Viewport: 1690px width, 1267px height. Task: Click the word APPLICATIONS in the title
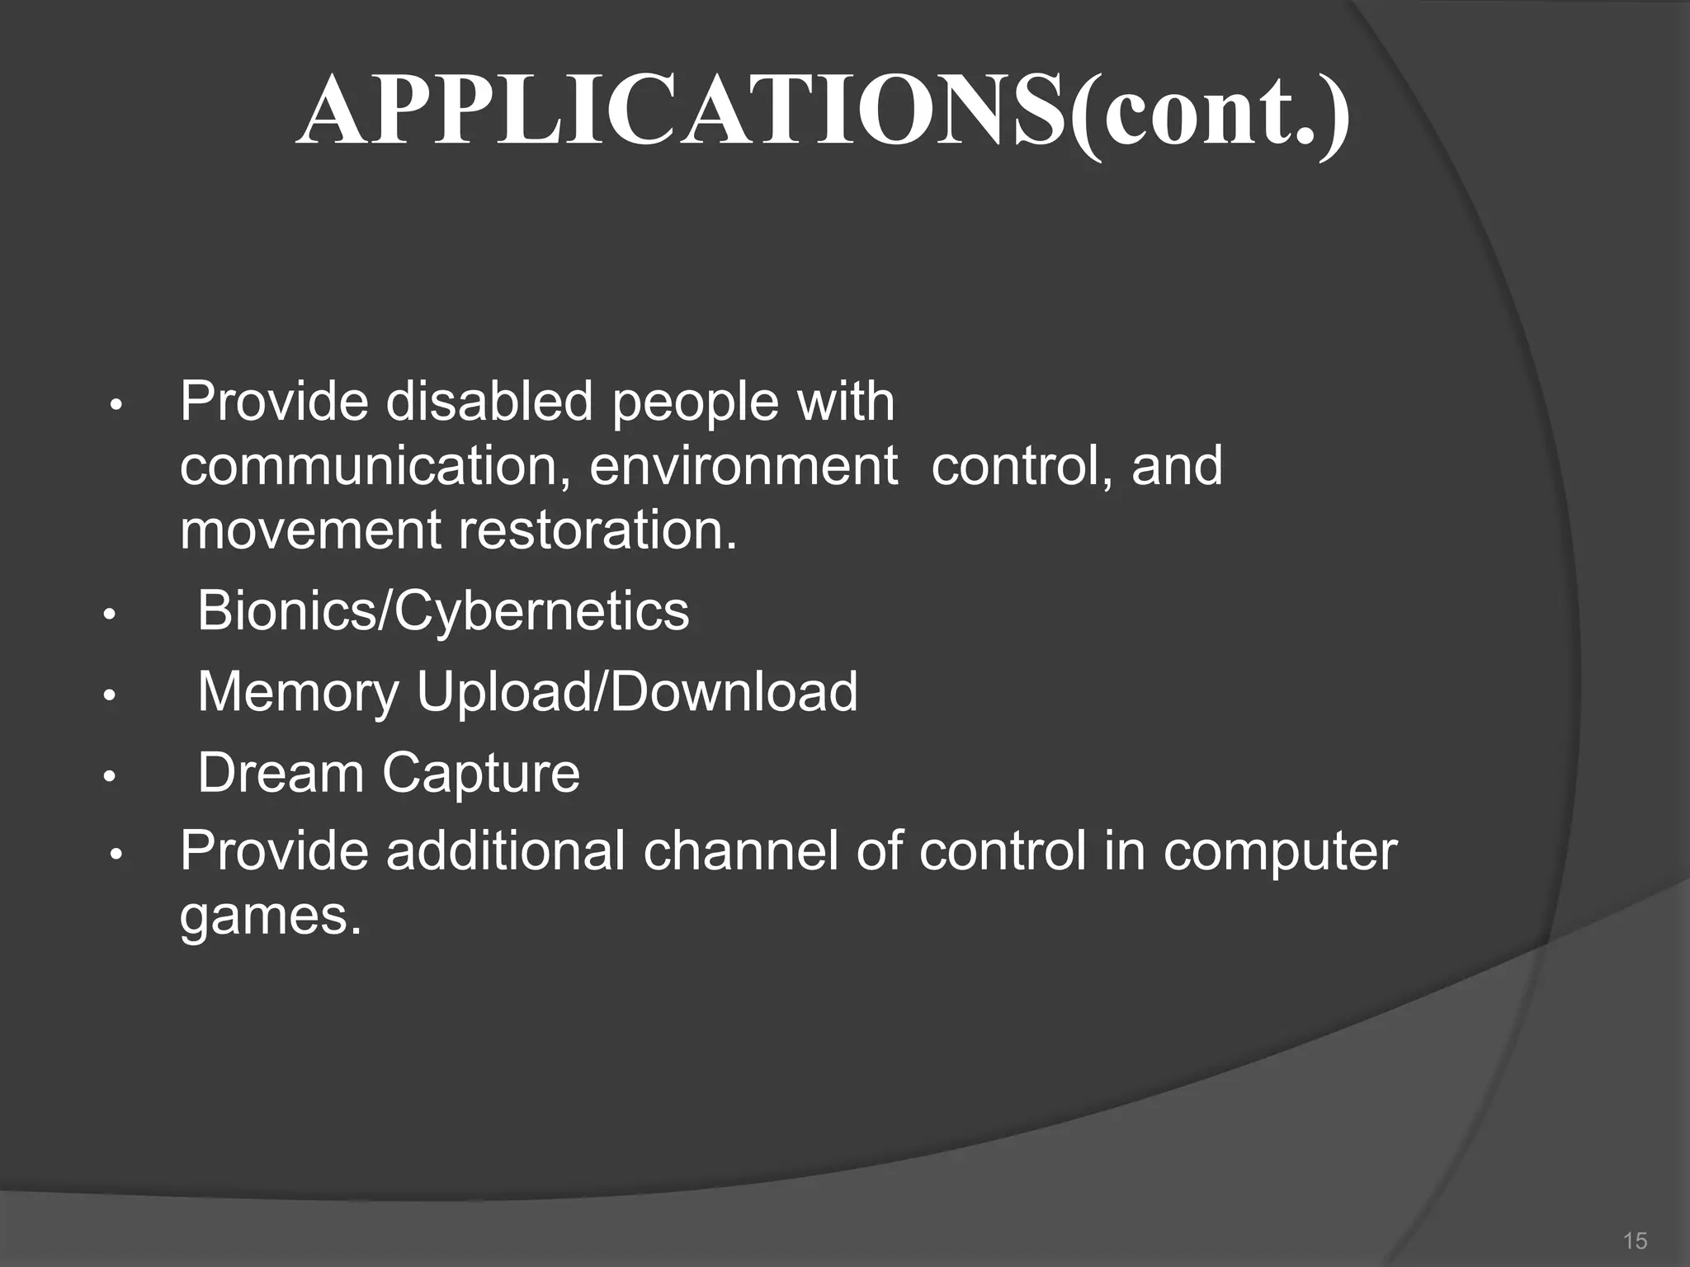point(680,111)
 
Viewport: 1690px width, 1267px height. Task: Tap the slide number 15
point(1635,1241)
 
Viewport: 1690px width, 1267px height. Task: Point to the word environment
point(744,466)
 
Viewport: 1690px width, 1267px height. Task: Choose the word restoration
point(597,530)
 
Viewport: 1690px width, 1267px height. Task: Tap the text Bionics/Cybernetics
point(443,611)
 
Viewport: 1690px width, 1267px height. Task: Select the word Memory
point(298,692)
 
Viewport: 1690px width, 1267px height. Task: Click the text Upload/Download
point(637,692)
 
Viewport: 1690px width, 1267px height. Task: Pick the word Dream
point(281,773)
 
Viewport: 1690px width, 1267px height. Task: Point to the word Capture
point(481,773)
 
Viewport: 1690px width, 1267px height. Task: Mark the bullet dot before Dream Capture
point(108,777)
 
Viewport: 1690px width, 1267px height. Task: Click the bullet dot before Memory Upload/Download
point(108,696)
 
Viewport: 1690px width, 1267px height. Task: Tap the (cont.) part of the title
point(1211,111)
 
